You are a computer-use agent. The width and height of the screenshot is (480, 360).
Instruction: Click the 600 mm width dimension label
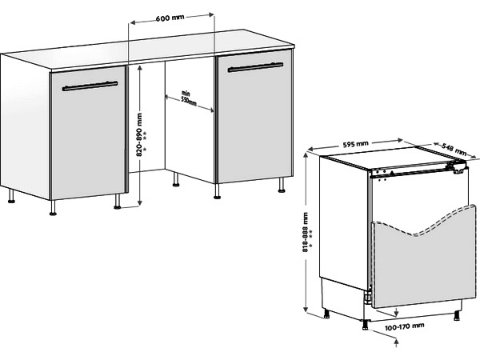tap(170, 18)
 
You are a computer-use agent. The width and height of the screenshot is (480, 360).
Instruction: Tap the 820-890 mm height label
tap(139, 134)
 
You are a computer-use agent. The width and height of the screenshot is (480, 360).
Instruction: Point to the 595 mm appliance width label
tap(356, 144)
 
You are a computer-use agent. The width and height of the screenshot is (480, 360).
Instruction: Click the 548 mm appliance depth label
tap(454, 149)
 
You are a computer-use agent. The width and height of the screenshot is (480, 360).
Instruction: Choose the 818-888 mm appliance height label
tap(306, 232)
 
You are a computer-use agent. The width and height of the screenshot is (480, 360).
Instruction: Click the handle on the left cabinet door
tap(90, 86)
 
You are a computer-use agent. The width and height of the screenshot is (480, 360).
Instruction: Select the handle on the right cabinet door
tap(255, 67)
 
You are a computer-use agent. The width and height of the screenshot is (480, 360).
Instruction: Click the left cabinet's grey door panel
tap(88, 134)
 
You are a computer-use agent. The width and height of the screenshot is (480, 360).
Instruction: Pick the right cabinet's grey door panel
tap(254, 117)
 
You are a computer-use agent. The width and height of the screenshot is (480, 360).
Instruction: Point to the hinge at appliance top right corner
tap(458, 167)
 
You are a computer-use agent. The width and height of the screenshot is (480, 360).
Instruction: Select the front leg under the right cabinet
tap(217, 191)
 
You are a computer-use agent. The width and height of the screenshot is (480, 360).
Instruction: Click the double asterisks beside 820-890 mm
tap(145, 135)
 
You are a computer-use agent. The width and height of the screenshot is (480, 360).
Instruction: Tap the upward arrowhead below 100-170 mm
tap(397, 342)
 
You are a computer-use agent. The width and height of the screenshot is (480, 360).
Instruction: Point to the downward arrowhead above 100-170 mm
tap(397, 314)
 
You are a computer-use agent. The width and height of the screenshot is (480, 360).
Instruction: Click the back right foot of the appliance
tap(457, 315)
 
